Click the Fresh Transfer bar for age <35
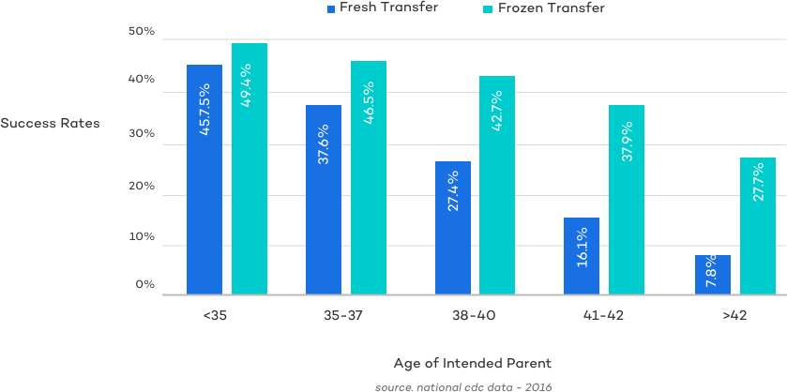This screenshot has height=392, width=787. click(x=204, y=179)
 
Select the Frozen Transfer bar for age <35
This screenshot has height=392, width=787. click(x=250, y=169)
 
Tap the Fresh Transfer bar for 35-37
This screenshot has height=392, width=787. click(x=323, y=199)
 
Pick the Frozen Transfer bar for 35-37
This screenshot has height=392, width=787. click(x=369, y=177)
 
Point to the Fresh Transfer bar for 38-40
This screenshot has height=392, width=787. click(x=452, y=228)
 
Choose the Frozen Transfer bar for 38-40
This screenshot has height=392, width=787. click(x=497, y=185)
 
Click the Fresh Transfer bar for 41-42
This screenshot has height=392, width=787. click(x=582, y=256)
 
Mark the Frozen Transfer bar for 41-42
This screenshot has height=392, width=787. click(x=627, y=200)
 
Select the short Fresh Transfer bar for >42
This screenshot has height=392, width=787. click(x=712, y=275)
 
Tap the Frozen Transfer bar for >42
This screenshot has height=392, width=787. click(x=757, y=226)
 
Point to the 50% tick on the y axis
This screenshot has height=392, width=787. click(x=142, y=32)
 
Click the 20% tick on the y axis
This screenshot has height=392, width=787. click(x=142, y=186)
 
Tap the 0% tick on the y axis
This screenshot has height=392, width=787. click(x=144, y=284)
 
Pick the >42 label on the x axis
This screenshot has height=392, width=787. click(x=734, y=316)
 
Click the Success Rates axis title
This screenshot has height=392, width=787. click(x=49, y=123)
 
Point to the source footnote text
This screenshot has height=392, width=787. click(x=463, y=385)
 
